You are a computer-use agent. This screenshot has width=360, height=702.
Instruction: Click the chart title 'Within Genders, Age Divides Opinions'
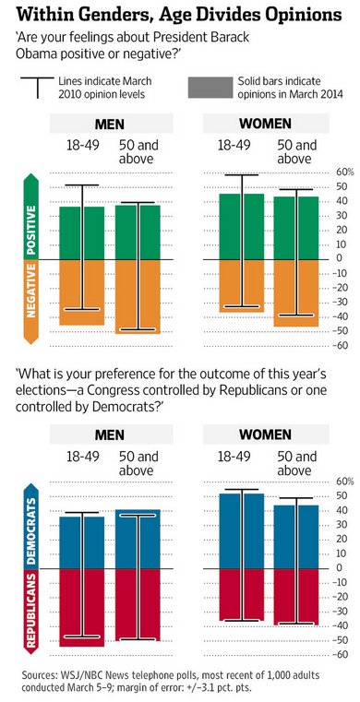(x=179, y=16)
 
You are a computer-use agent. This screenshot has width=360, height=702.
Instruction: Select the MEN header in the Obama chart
(x=111, y=124)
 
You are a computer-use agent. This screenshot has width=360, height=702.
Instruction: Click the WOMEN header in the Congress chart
(x=266, y=434)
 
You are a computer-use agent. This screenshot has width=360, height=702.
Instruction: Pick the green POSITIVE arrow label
(x=30, y=216)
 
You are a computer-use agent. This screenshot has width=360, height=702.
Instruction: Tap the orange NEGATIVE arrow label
(x=30, y=303)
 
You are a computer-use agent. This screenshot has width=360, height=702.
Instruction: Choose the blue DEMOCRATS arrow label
(x=30, y=526)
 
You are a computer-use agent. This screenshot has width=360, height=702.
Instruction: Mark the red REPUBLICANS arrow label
(x=30, y=612)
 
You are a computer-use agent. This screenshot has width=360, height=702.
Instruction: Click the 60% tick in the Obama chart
(x=336, y=173)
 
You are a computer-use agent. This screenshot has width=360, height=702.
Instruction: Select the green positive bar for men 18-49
(x=82, y=232)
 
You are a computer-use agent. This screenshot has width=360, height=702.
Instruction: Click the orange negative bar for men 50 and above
(x=138, y=296)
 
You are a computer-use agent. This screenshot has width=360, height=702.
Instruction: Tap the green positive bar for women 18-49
(x=241, y=227)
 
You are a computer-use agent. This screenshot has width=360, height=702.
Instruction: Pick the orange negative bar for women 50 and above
(x=296, y=292)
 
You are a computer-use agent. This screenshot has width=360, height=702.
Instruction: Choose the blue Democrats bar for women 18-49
(x=241, y=531)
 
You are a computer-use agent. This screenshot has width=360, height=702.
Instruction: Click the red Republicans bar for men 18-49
(x=82, y=608)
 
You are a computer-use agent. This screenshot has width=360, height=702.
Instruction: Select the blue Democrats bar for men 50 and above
(x=138, y=539)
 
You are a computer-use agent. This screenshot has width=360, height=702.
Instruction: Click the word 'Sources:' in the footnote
(x=36, y=674)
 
